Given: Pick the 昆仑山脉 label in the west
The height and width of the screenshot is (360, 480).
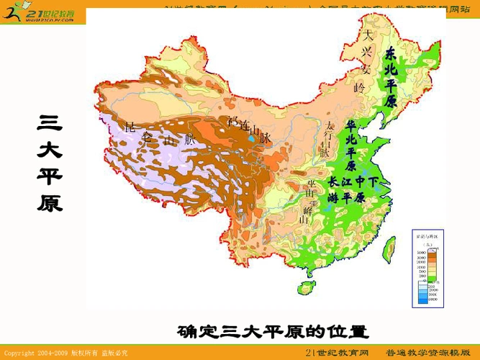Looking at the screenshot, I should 160,135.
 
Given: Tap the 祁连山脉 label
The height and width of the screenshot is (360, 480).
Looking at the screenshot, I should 248,130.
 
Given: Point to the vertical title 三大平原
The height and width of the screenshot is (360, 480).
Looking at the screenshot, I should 49,164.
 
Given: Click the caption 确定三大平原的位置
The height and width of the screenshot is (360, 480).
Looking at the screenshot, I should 273,333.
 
